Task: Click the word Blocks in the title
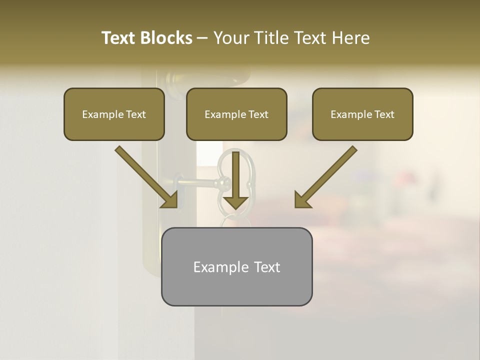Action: pos(166,38)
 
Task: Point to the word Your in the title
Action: pos(230,38)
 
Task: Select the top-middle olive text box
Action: pos(236,129)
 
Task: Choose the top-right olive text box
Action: pos(362,129)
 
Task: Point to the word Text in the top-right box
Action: pos(384,114)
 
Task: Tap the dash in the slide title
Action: pos(202,38)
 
